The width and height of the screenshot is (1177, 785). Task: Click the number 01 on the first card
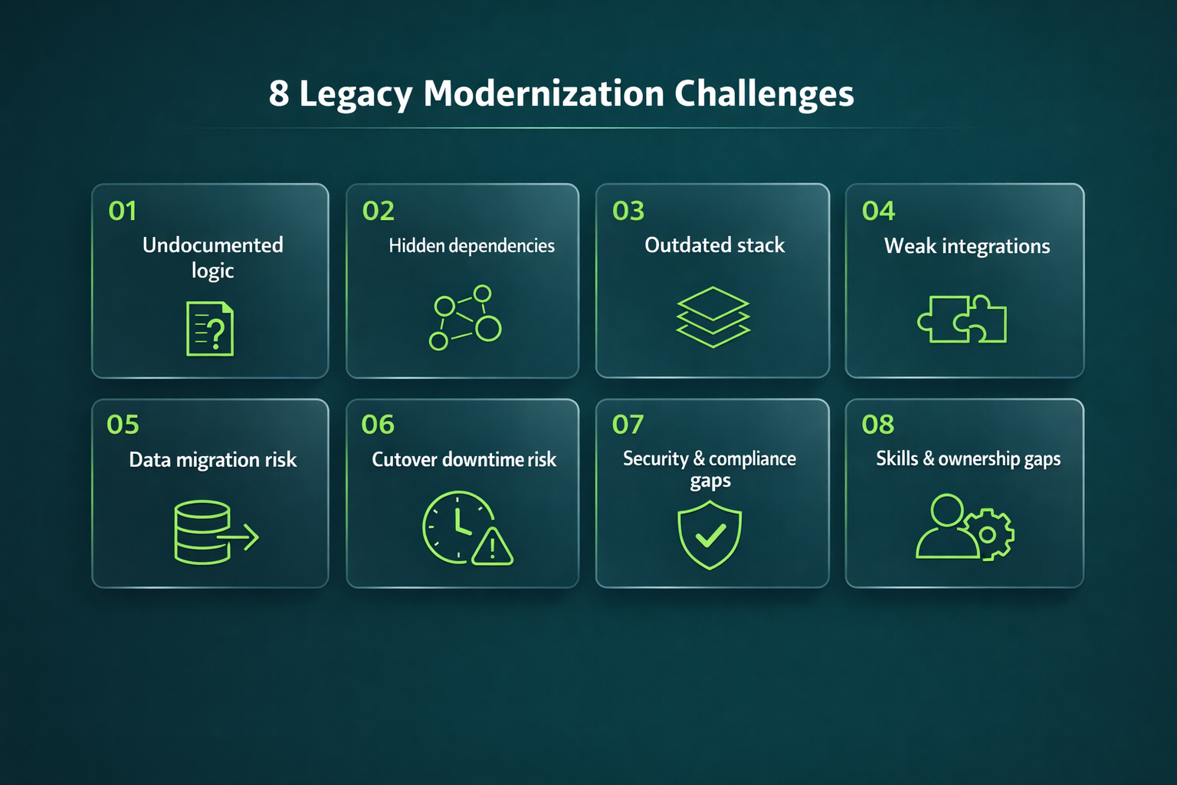[123, 211]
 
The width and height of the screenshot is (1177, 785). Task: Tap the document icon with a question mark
[210, 329]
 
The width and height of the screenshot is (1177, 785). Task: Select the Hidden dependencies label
[471, 246]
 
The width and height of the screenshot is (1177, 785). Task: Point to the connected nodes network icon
[464, 317]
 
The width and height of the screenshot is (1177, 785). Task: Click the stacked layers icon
[713, 317]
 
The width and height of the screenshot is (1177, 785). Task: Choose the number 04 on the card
[878, 211]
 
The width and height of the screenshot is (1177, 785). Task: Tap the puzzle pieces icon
[962, 319]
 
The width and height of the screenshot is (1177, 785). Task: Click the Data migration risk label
[212, 460]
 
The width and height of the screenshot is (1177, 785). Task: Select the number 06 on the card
[378, 425]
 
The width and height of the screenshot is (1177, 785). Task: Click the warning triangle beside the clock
[492, 547]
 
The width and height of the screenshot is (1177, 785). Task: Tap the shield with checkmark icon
[710, 534]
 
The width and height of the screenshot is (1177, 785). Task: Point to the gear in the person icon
[988, 534]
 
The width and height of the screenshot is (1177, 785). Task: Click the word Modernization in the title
[543, 94]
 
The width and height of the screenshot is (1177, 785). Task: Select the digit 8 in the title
[279, 94]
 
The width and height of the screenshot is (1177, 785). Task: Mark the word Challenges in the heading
[764, 94]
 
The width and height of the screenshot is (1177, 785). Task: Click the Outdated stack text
[714, 245]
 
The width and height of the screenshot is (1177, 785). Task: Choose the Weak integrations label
[967, 246]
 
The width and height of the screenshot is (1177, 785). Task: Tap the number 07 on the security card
[628, 425]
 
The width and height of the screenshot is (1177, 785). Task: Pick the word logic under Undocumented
[212, 271]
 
